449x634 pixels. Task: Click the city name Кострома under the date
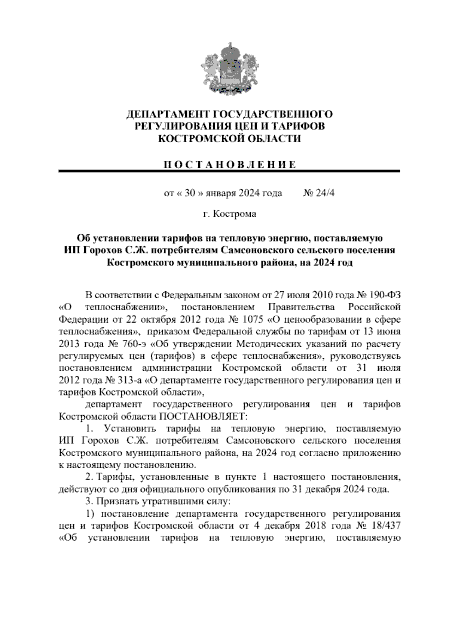click(235, 214)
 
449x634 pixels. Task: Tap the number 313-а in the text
click(129, 380)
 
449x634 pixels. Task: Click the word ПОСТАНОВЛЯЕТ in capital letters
click(204, 416)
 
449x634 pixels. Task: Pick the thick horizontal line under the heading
click(229, 171)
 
